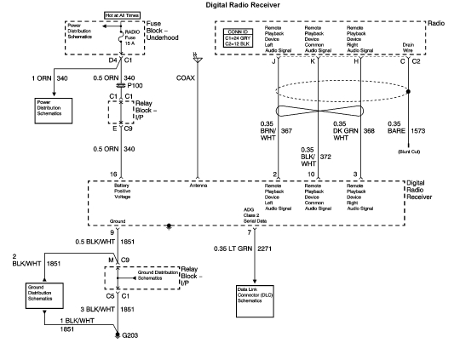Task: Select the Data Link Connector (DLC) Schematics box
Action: click(258, 295)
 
